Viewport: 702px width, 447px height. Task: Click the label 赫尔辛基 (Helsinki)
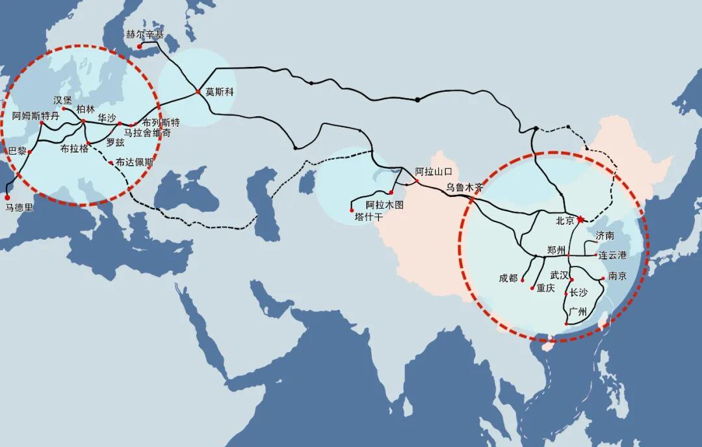point(146,34)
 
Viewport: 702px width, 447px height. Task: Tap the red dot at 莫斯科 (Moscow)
point(198,92)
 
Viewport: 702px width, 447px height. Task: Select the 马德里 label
point(19,208)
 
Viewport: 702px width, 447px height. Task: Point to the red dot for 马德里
point(7,197)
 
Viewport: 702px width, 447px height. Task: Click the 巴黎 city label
point(17,151)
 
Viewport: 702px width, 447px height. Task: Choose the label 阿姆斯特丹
point(36,116)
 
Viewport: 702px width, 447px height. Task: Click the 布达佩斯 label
point(135,163)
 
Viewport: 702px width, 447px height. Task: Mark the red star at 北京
point(580,220)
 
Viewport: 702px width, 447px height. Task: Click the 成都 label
point(508,278)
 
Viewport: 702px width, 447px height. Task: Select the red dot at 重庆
point(532,288)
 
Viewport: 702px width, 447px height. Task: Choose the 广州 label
point(577,313)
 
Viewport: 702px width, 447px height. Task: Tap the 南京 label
point(617,276)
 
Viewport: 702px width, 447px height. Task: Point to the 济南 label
point(604,235)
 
